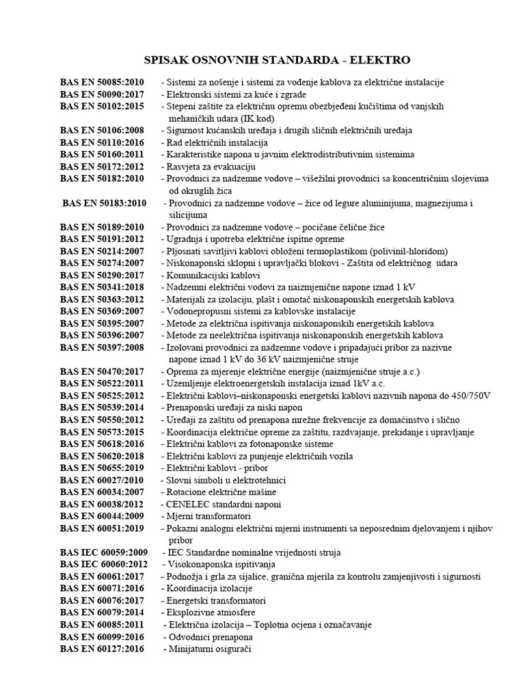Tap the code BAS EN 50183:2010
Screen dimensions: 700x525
coord(105,204)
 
